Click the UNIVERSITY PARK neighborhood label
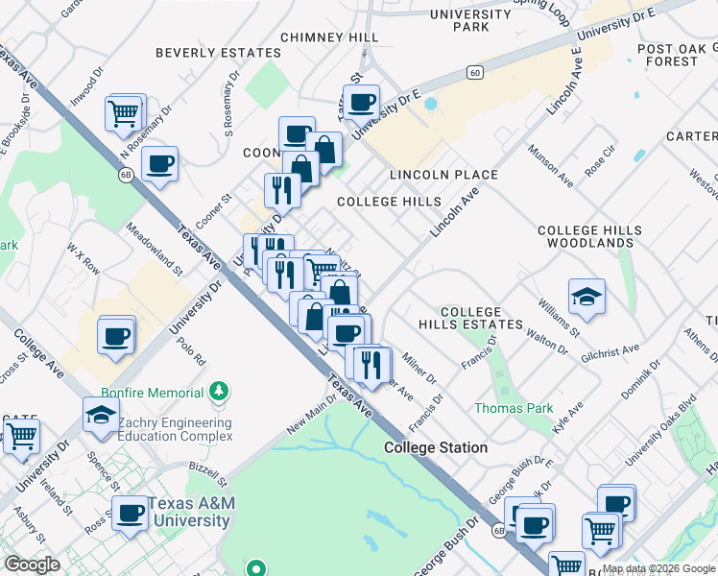click(x=470, y=20)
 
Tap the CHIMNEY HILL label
click(x=329, y=37)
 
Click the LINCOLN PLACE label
click(x=443, y=175)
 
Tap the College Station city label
click(x=436, y=448)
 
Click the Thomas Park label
click(x=514, y=408)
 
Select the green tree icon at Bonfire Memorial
click(x=221, y=392)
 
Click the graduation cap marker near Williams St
click(x=586, y=297)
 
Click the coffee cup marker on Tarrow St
click(x=362, y=101)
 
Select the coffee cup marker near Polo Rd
click(x=116, y=336)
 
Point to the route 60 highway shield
click(x=474, y=72)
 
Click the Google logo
click(x=32, y=564)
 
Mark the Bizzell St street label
click(x=208, y=472)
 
